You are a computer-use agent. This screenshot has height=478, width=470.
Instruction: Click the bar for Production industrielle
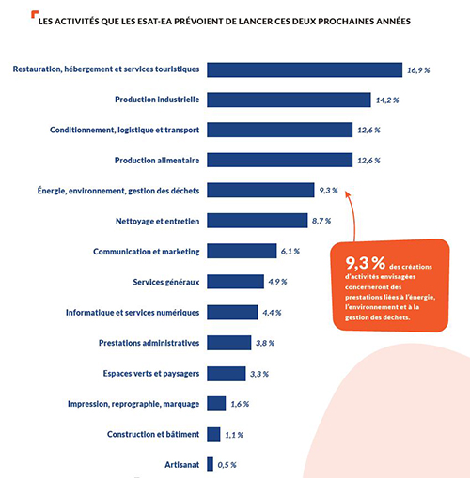pyautogui.click(x=289, y=100)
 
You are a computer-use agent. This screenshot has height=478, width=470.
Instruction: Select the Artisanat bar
pyautogui.click(x=210, y=465)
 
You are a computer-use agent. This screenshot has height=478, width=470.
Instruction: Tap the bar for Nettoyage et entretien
pyautogui.click(x=258, y=221)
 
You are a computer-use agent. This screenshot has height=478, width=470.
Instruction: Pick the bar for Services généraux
pyautogui.click(x=235, y=282)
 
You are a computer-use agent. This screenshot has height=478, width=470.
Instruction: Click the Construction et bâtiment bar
pyautogui.click(x=213, y=435)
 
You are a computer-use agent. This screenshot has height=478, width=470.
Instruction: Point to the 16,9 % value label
pyautogui.click(x=418, y=70)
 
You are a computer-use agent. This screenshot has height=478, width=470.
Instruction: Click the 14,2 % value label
pyautogui.click(x=387, y=100)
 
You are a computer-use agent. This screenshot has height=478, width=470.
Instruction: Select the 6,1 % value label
pyautogui.click(x=290, y=252)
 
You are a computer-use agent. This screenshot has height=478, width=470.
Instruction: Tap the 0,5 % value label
pyautogui.click(x=227, y=465)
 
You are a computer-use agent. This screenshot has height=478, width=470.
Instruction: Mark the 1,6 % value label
pyautogui.click(x=240, y=404)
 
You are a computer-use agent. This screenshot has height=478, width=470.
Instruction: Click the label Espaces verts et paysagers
pyautogui.click(x=151, y=374)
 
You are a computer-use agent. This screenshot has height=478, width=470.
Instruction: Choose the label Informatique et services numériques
pyautogui.click(x=133, y=313)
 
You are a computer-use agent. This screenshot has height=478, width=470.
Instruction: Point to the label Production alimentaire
pyautogui.click(x=157, y=161)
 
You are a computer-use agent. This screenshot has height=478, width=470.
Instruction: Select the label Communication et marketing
pyautogui.click(x=147, y=252)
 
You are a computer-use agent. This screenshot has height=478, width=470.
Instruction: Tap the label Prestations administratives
pyautogui.click(x=149, y=343)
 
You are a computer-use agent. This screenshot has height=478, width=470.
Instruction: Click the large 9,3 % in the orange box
pyautogui.click(x=366, y=263)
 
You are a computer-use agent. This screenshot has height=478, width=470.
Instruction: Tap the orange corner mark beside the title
pyautogui.click(x=35, y=14)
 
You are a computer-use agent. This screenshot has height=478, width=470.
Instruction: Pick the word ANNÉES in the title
pyautogui.click(x=393, y=22)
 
